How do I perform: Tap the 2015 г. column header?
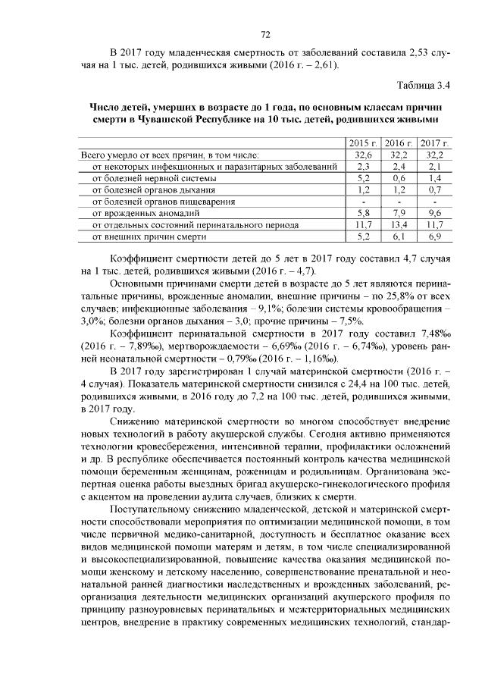362,143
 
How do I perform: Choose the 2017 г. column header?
434,143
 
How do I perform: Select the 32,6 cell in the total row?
362,154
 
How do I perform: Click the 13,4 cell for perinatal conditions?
398,225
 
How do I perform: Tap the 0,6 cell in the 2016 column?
398,177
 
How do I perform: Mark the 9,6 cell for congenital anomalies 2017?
434,213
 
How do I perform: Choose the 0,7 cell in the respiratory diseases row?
434,190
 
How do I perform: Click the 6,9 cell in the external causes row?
434,236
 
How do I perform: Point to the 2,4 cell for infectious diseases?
398,166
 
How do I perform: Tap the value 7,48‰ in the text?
433,334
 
